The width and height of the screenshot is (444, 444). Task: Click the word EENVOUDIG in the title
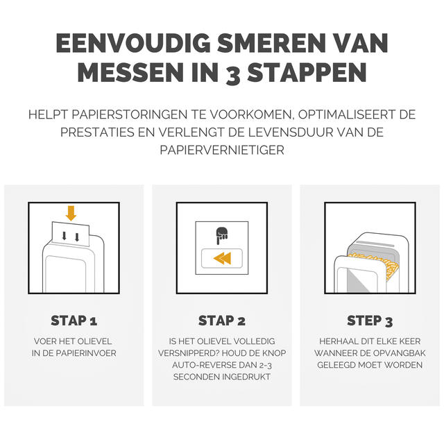tap(133, 44)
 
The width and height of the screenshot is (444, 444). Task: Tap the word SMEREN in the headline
tap(271, 44)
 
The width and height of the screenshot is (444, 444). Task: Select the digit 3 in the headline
tap(233, 75)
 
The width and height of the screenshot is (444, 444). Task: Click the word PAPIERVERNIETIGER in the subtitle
tap(222, 150)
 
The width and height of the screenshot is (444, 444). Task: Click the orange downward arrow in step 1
tap(71, 213)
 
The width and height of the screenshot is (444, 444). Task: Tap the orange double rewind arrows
tap(222, 258)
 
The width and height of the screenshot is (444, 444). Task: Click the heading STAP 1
tap(74, 321)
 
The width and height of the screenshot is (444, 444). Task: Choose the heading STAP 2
tap(222, 321)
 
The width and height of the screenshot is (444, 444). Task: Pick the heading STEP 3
tap(370, 321)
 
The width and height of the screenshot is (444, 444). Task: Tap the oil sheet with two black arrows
tap(71, 234)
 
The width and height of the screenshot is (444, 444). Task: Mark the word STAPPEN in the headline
tap(307, 73)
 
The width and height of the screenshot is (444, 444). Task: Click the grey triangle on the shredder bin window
tap(357, 280)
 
